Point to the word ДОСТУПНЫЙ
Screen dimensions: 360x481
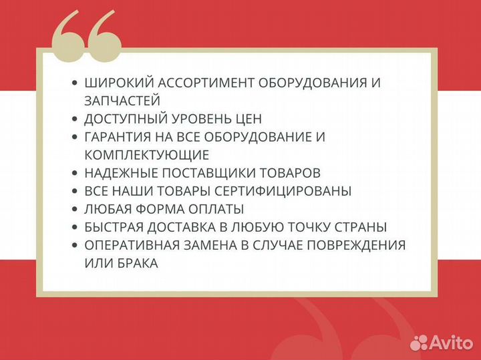pos(124,119)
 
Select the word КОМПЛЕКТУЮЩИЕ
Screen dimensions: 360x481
pos(146,155)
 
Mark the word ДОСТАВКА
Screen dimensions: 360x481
pos(190,227)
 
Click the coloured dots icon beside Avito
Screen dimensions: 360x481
pos(419,342)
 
